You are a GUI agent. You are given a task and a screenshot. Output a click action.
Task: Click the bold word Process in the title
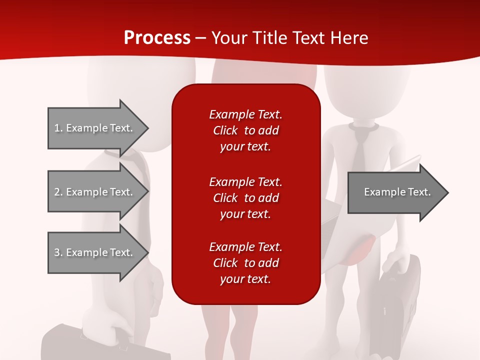[157, 38]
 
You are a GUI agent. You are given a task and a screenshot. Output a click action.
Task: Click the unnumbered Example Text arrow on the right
[395, 192]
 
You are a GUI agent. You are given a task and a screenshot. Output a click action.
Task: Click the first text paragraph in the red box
[245, 130]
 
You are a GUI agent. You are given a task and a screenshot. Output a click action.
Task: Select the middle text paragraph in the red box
[245, 198]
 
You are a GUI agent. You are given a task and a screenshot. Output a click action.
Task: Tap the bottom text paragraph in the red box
[245, 263]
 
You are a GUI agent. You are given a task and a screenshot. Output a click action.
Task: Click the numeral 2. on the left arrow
[58, 192]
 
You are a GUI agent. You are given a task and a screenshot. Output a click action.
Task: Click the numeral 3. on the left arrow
[58, 252]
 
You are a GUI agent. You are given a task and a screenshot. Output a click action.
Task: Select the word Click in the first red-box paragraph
[225, 130]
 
